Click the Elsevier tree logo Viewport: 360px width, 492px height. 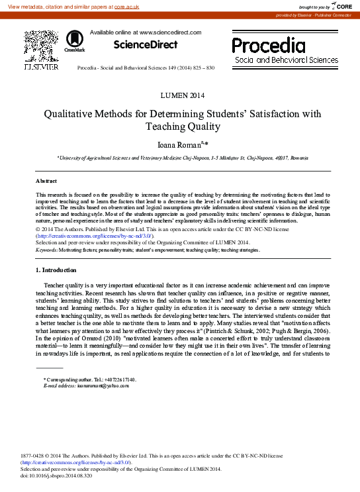click(41, 46)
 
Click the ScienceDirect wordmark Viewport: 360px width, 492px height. click(146, 45)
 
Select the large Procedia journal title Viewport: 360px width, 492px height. click(269, 46)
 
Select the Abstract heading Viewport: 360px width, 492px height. click(46, 180)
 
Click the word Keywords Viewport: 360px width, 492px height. click(46, 250)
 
